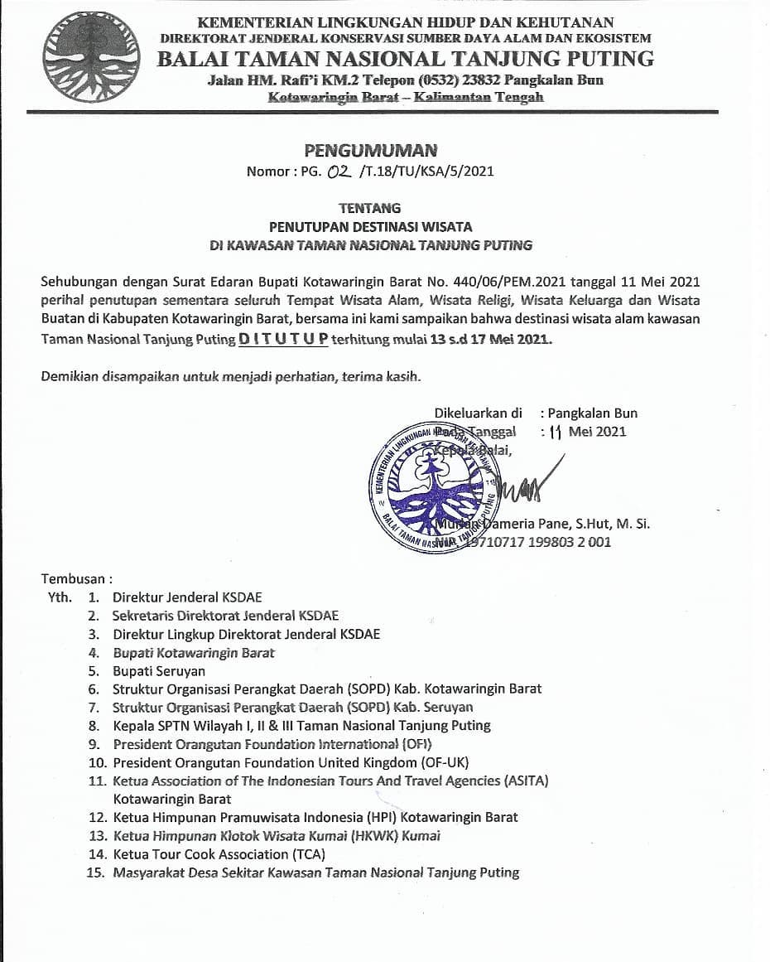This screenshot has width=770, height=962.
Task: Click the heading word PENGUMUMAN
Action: coord(370,151)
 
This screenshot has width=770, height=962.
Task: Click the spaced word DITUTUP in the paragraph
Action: coord(284,340)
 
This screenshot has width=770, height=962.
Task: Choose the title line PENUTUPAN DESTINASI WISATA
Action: coord(370,226)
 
